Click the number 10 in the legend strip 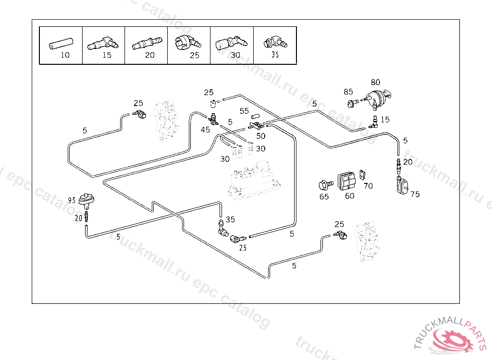tap(65, 55)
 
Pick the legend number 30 tap(235, 55)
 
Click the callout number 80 tap(375, 82)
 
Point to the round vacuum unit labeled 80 tap(378, 98)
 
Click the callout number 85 tap(348, 92)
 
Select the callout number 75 tap(415, 194)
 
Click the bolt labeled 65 tap(324, 184)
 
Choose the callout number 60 tap(349, 196)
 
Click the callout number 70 tap(368, 186)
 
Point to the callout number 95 tap(72, 200)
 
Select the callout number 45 tap(205, 130)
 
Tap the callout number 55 tap(244, 111)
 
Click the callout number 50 tap(260, 136)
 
